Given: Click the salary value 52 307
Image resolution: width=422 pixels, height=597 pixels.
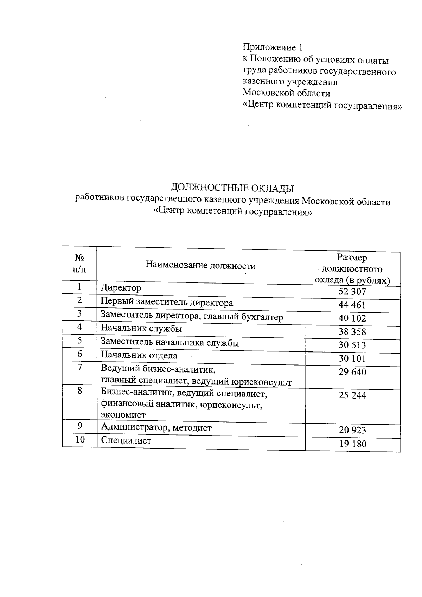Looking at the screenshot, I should click(x=352, y=292).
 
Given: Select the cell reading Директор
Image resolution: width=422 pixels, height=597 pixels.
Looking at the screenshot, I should click(x=121, y=288).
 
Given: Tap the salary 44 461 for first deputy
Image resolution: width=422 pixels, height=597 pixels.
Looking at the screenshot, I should click(x=352, y=305).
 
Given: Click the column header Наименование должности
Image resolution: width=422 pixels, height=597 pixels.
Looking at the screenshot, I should click(x=200, y=265).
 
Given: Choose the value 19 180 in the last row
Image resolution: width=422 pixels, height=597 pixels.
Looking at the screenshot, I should click(x=353, y=444).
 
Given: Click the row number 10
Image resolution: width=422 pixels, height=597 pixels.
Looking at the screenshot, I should click(x=80, y=439).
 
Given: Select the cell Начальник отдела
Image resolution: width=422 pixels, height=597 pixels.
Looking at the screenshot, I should click(x=139, y=355).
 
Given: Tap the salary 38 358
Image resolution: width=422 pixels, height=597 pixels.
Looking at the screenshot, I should click(x=352, y=332).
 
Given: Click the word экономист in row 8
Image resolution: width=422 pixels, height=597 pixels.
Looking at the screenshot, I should click(x=123, y=415).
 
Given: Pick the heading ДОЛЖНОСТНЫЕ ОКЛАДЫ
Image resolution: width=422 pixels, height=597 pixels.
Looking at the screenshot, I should click(x=232, y=188).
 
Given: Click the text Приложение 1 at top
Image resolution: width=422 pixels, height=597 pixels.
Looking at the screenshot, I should click(x=273, y=47).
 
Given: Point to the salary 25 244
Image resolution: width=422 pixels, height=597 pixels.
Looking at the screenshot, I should click(x=352, y=395).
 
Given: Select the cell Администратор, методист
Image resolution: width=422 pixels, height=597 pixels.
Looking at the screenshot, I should click(x=156, y=427).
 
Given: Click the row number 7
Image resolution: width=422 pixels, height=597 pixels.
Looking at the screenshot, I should click(x=80, y=367).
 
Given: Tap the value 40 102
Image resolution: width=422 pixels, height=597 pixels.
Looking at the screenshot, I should click(x=352, y=318).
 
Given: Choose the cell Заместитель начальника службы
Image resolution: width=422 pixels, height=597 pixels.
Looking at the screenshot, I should click(x=170, y=342).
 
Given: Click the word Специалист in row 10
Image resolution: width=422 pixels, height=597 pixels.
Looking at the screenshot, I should click(x=126, y=440).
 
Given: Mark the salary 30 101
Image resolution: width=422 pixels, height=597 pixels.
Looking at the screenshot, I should click(x=352, y=358).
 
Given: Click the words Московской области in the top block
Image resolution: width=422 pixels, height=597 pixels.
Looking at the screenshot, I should click(x=287, y=93).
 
